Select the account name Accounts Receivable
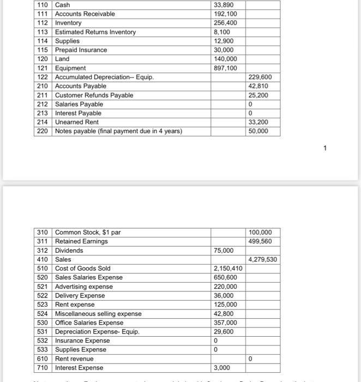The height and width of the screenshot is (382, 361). [x=85, y=14]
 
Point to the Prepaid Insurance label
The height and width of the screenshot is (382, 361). [x=81, y=50]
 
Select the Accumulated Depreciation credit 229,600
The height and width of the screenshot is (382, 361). [x=260, y=77]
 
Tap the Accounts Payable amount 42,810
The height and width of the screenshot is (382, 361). [x=258, y=86]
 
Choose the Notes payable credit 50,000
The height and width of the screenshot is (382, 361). [x=258, y=132]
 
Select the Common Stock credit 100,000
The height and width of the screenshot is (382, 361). [x=260, y=232]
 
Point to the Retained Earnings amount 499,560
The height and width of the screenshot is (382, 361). [x=260, y=241]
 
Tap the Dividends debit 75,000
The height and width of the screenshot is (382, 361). [x=224, y=250]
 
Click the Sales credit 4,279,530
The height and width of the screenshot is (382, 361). [x=263, y=259]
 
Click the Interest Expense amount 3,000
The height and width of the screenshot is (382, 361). [x=222, y=368]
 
